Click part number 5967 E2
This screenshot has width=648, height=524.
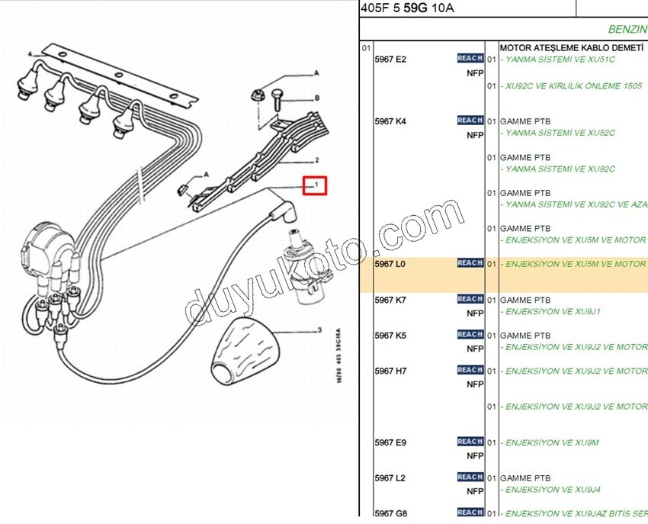tap(390, 59)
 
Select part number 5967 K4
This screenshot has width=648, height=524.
tap(390, 121)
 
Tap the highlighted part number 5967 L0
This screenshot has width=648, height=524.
tap(390, 264)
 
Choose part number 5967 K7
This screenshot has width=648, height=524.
tap(390, 300)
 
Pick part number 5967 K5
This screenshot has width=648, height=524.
tap(390, 336)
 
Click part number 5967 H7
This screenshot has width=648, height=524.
tap(390, 371)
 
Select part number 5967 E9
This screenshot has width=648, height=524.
tap(390, 442)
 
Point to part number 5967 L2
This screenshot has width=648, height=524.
tap(390, 478)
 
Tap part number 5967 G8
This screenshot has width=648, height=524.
tap(390, 513)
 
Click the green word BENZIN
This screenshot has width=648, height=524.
tap(627, 29)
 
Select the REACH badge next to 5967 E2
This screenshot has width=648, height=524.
tap(470, 58)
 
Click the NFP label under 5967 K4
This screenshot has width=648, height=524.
tap(475, 135)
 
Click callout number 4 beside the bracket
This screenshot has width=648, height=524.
tap(29, 55)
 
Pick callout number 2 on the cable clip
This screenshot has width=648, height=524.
tap(316, 161)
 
